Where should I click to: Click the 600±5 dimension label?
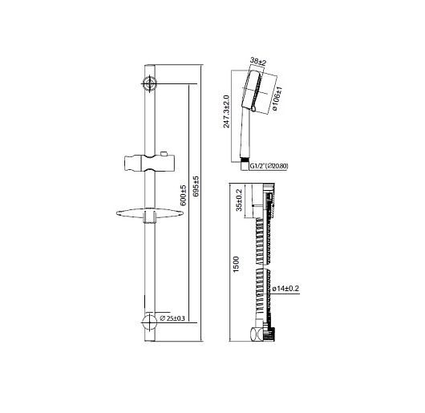coord(184,196)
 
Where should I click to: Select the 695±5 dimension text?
coord(196,186)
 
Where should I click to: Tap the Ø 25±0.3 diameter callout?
coord(172,318)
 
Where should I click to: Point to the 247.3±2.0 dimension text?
coord(226,111)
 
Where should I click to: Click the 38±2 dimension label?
coord(258,62)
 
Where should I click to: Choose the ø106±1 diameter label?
coord(277,99)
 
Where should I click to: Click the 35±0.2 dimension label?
coord(239,200)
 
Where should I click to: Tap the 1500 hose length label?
coord(236,264)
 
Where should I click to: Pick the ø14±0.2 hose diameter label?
coord(285,289)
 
